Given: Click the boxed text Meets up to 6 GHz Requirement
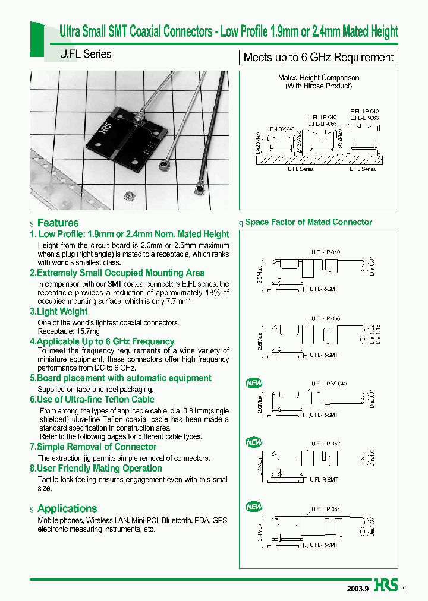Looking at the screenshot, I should [318, 58].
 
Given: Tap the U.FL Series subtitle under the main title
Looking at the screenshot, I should [85, 54].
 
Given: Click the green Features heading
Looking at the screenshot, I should [58, 223].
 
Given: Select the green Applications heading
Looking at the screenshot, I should [67, 508].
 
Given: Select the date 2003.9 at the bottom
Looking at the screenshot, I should [358, 589].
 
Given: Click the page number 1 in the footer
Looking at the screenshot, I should [405, 589].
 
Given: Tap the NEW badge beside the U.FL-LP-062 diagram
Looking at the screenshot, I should [254, 442].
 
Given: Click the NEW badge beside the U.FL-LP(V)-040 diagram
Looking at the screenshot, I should [254, 383].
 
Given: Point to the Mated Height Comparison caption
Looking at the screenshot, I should [319, 78].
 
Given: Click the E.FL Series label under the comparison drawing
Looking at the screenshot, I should [363, 169].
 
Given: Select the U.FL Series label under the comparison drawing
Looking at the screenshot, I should [301, 169].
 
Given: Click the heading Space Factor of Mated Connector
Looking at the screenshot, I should [309, 222].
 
